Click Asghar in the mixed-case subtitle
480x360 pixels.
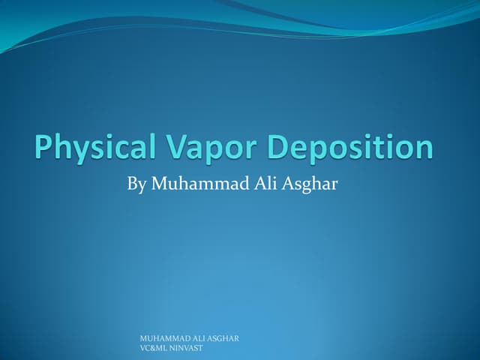point(310,184)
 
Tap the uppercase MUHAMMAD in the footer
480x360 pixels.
point(166,338)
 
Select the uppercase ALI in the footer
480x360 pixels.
point(200,338)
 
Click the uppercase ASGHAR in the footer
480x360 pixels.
point(223,338)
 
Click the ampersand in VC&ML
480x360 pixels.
point(152,348)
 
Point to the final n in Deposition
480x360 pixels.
point(424,149)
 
